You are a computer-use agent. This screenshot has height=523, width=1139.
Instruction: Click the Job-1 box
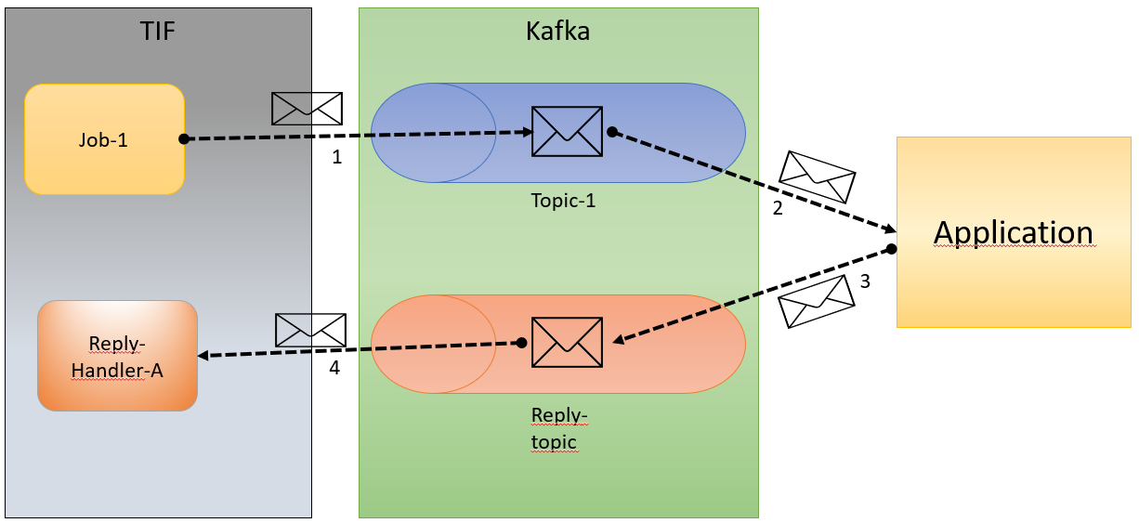pos(104,139)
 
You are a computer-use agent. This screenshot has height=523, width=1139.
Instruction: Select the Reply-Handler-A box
pos(117,356)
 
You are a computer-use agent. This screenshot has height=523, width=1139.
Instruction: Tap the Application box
pos(1013,232)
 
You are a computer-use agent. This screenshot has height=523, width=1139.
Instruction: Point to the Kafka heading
pos(557,32)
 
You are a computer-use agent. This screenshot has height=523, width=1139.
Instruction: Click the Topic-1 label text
pos(563,200)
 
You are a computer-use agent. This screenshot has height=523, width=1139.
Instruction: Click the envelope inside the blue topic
pos(567,131)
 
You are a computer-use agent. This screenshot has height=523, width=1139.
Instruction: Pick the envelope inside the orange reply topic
pos(567,342)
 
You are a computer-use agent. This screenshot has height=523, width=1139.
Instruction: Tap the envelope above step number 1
pos(307,109)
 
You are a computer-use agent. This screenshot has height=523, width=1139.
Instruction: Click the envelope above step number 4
pos(310,330)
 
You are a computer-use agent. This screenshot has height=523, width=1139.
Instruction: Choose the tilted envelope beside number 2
pos(817,177)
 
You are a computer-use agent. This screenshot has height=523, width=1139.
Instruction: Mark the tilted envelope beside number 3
pos(816,302)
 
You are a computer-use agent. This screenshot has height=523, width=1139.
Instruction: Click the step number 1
pos(337,158)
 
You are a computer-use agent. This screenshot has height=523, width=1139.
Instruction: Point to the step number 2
pos(778,208)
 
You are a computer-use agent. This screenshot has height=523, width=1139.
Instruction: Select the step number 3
pos(865,281)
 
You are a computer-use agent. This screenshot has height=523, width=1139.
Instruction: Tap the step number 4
pos(334,368)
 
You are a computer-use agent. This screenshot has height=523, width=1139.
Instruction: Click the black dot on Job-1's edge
pos(184,139)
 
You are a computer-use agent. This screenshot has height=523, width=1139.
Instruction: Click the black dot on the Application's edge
pos(890,249)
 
